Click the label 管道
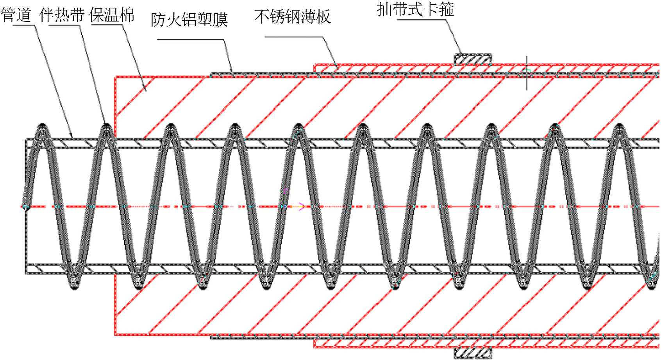(16, 15)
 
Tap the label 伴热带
(62, 15)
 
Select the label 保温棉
(112, 15)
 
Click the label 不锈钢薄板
(292, 16)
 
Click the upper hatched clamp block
(472, 59)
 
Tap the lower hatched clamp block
(472, 353)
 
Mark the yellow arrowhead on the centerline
(301, 206)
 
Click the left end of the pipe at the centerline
(26, 206)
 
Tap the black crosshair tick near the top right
(527, 72)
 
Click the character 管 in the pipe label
(8, 15)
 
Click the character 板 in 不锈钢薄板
(323, 16)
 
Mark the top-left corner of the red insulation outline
(115, 77)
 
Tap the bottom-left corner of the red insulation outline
(115, 335)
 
